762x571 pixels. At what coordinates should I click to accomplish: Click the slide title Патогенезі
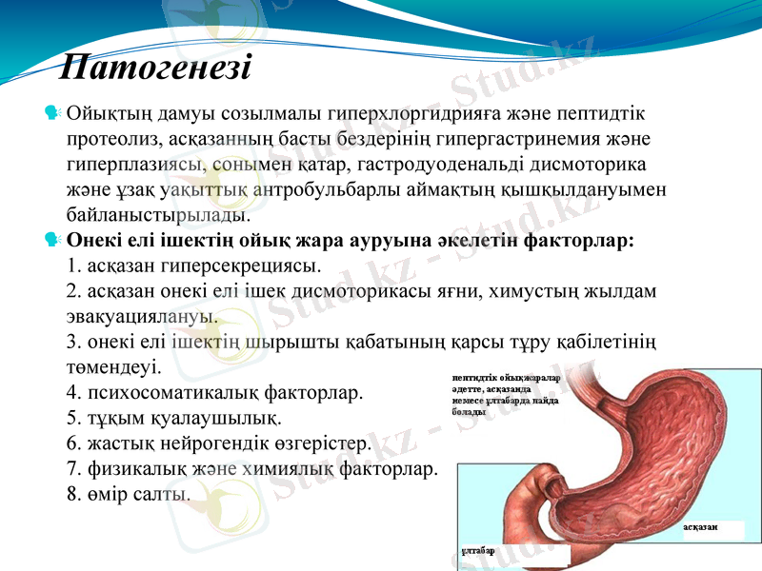[155, 68]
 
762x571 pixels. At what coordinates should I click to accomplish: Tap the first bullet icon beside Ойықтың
[53, 114]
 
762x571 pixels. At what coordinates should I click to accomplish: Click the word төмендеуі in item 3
[114, 364]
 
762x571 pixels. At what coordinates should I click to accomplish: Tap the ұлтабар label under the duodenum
[478, 550]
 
